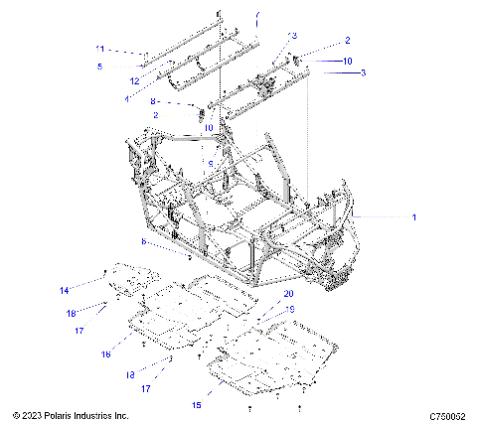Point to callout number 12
pos(133,79)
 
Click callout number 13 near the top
pos(293,35)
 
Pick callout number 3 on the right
pos(363,72)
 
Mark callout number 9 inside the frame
pos(211,163)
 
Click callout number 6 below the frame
pos(171,241)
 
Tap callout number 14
pos(64,290)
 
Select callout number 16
pos(105,353)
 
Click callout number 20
pos(289,294)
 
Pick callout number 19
pos(291,309)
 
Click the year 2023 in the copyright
pos(29,415)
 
